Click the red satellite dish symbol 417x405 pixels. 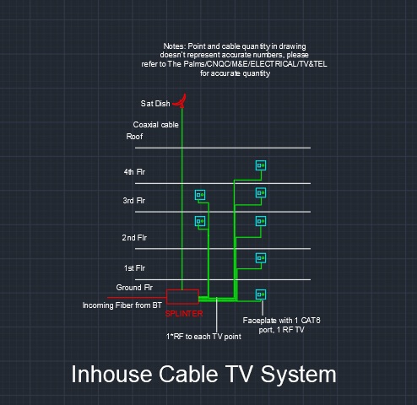point(181,102)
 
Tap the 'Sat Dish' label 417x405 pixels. point(155,104)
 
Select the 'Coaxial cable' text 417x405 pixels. point(155,125)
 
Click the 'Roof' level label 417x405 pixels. point(134,137)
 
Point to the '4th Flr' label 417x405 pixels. point(134,171)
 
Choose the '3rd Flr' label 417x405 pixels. point(134,201)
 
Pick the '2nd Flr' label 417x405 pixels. point(134,238)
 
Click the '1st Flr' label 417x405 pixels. point(134,268)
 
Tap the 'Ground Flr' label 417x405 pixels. point(134,288)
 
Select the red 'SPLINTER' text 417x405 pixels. point(184,314)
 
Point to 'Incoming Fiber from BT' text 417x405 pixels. point(122,305)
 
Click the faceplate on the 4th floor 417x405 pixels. point(261,165)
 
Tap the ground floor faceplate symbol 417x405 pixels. point(261,294)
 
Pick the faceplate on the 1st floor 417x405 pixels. point(261,258)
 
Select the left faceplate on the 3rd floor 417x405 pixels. point(200,195)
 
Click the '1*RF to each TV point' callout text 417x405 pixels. point(203,337)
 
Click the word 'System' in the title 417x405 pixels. point(298,375)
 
